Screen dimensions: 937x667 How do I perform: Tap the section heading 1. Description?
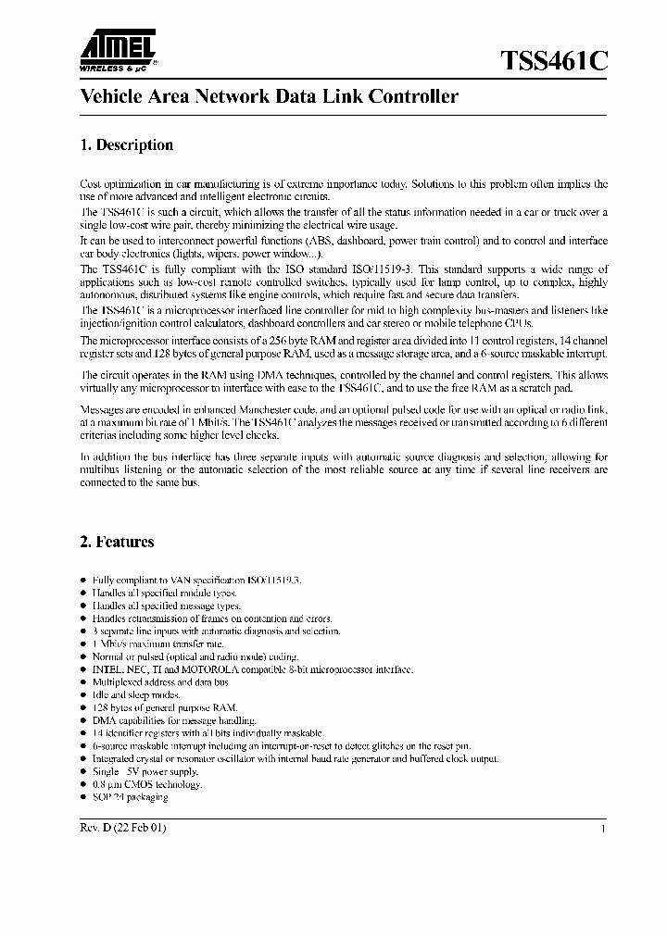(122, 145)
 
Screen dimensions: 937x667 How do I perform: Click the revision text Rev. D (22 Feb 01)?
(123, 827)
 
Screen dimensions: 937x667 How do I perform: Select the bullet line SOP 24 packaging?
(130, 797)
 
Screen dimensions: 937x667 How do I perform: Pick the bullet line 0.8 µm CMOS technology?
(145, 784)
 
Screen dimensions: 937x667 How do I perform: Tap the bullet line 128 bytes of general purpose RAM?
(152, 706)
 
